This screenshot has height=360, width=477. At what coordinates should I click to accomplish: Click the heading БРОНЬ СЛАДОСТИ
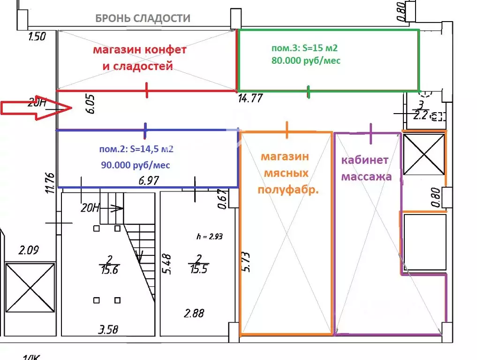143,19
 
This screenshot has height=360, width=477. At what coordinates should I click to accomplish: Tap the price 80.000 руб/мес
306,61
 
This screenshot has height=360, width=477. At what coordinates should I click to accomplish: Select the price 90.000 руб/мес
136,165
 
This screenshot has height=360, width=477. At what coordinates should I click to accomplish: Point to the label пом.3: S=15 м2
304,48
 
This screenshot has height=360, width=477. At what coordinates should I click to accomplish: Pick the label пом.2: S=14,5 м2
136,150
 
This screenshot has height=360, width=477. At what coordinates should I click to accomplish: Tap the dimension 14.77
250,99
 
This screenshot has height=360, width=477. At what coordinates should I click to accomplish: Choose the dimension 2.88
194,313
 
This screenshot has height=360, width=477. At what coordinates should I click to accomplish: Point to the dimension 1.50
37,37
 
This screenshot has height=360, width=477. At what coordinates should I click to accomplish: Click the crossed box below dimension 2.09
29,287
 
